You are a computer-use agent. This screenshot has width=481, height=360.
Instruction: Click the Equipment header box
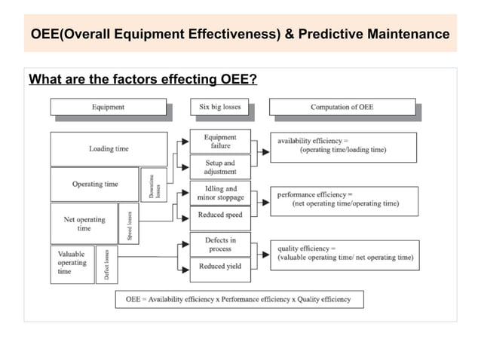[109, 107]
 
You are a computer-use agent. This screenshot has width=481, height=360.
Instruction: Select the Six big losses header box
[220, 107]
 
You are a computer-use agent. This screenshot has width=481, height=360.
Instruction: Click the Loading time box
[109, 149]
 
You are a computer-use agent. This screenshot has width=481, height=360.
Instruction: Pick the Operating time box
[95, 184]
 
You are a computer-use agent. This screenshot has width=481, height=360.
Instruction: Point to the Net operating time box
[84, 224]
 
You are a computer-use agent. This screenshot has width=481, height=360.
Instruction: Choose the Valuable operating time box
[72, 263]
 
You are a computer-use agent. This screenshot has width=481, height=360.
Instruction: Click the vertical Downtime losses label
[154, 185]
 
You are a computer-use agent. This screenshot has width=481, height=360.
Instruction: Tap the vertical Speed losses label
[130, 224]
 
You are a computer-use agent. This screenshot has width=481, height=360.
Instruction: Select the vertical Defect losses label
[106, 264]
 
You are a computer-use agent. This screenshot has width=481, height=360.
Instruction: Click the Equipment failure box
[220, 142]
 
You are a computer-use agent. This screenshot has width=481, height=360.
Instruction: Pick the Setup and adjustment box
[220, 167]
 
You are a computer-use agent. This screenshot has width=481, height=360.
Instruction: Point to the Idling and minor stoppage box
[220, 193]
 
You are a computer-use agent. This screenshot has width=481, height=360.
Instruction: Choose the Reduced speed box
[220, 216]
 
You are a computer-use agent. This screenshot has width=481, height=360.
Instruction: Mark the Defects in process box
[220, 244]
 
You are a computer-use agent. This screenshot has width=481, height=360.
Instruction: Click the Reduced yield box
[220, 266]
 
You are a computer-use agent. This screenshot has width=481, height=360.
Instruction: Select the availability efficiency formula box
[343, 146]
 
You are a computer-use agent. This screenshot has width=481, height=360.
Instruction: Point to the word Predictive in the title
[354, 35]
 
